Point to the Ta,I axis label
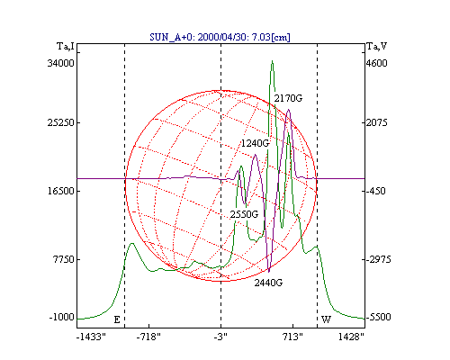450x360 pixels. tap(66, 47)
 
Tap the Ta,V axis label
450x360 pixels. tap(377, 47)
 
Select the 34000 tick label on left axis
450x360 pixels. tap(60, 63)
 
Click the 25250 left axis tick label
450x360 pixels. tap(60, 122)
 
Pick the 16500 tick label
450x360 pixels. tap(60, 191)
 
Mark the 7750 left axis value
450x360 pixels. tap(63, 259)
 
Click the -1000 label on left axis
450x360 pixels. tap(61, 317)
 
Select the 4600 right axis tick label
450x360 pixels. tap(377, 63)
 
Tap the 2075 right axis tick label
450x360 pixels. tap(377, 122)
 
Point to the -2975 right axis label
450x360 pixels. tap(379, 259)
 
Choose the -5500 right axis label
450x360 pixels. tap(379, 317)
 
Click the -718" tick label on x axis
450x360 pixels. tap(148, 337)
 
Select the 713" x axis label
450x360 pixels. tap(292, 337)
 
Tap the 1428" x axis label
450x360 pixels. tap(351, 337)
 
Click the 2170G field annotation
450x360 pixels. tap(288, 98)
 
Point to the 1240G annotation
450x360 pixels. tap(255, 144)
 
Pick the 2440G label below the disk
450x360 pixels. tap(268, 283)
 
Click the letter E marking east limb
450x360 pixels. tap(117, 319)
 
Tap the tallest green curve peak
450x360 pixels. tap(272, 61)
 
